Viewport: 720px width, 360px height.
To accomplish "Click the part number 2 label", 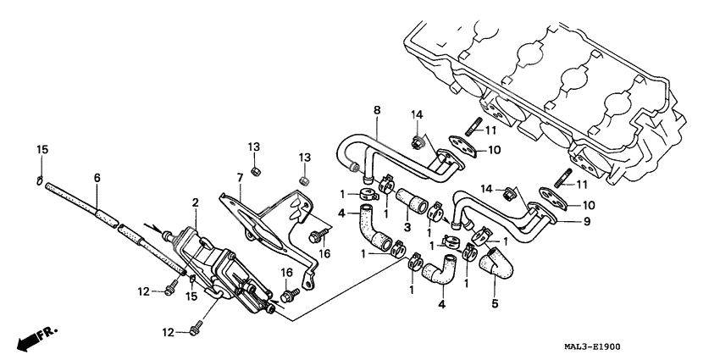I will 195,203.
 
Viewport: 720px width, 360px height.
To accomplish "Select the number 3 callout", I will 407,227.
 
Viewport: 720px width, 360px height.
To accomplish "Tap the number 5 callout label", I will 495,301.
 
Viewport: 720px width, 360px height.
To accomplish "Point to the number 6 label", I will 97,178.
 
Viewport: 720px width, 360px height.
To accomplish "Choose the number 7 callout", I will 240,177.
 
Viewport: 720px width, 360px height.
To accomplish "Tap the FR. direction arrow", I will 32,340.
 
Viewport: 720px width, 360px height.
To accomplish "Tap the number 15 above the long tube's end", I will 42,150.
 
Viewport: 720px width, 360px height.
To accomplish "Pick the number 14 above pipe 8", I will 416,114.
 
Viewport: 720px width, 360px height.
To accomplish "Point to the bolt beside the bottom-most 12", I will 200,324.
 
